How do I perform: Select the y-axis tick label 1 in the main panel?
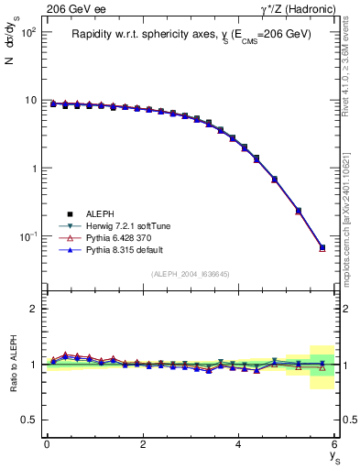point(33,169)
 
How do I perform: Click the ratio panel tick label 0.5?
point(29,420)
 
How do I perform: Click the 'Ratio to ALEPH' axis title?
point(13,364)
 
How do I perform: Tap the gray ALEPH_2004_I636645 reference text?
point(191,274)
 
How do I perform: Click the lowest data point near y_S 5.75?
point(322,248)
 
